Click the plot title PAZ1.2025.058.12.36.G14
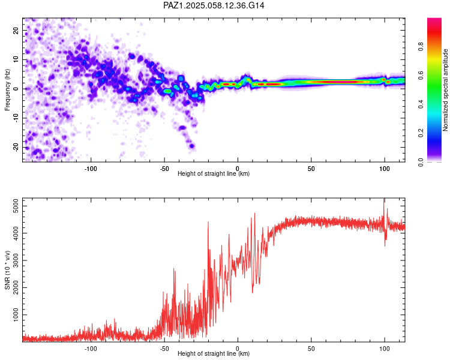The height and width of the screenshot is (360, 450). tap(214, 5)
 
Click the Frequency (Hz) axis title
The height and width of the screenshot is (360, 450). tap(7, 90)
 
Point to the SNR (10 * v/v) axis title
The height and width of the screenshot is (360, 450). tap(7, 270)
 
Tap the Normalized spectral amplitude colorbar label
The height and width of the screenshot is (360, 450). tap(445, 90)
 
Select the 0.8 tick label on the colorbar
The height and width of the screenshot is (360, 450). tap(421, 47)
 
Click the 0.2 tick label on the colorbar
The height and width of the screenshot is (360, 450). tap(421, 133)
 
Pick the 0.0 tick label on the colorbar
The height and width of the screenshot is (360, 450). tap(421, 162)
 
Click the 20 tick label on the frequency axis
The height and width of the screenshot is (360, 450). tap(16, 30)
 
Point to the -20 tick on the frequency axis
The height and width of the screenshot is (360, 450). tap(16, 147)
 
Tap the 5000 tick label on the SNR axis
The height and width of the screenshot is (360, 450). tap(16, 206)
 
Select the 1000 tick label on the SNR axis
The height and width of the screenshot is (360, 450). tap(16, 315)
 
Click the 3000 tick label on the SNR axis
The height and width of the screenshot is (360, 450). tap(16, 260)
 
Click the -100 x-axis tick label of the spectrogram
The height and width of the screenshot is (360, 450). tap(91, 169)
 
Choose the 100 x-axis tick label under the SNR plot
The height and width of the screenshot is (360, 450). tap(385, 349)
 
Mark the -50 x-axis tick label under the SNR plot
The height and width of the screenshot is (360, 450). tap(164, 349)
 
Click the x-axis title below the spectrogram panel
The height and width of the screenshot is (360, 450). tap(214, 173)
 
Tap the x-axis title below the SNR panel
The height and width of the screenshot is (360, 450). tap(214, 353)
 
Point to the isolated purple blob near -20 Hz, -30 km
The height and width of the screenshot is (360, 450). tap(192, 146)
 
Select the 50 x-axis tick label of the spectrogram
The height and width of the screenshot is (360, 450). tap(311, 169)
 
